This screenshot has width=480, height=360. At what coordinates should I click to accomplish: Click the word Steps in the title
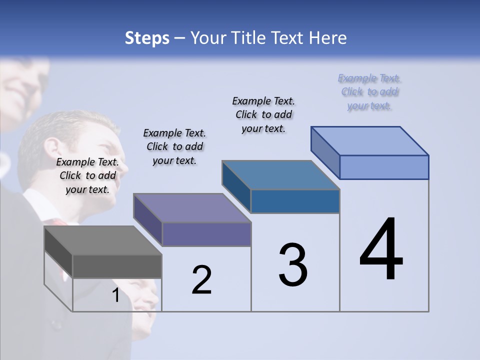pyautogui.click(x=146, y=38)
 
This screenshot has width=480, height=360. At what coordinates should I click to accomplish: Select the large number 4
pyautogui.click(x=381, y=250)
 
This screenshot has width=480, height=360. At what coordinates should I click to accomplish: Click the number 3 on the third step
pyautogui.click(x=293, y=265)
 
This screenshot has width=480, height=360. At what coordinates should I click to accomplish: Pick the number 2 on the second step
pyautogui.click(x=201, y=280)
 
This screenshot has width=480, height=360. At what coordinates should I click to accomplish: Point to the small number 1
pyautogui.click(x=116, y=295)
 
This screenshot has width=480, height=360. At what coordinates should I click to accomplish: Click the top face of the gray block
pyautogui.click(x=102, y=240)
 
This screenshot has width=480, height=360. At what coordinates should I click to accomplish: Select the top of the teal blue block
pyautogui.click(x=280, y=175)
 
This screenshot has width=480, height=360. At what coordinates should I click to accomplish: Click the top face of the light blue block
pyautogui.click(x=369, y=141)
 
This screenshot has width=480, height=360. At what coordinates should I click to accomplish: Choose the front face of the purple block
pyautogui.click(x=206, y=234)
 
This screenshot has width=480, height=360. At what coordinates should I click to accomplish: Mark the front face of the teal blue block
pyautogui.click(x=295, y=201)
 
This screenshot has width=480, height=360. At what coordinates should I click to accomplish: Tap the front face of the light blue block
pyautogui.click(x=384, y=167)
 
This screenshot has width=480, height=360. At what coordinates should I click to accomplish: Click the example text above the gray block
pyautogui.click(x=87, y=175)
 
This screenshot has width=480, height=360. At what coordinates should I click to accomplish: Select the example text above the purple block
pyautogui.click(x=174, y=146)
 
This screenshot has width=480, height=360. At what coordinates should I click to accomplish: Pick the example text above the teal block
pyautogui.click(x=263, y=114)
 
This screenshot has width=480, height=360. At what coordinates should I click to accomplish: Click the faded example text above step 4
pyautogui.click(x=369, y=92)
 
